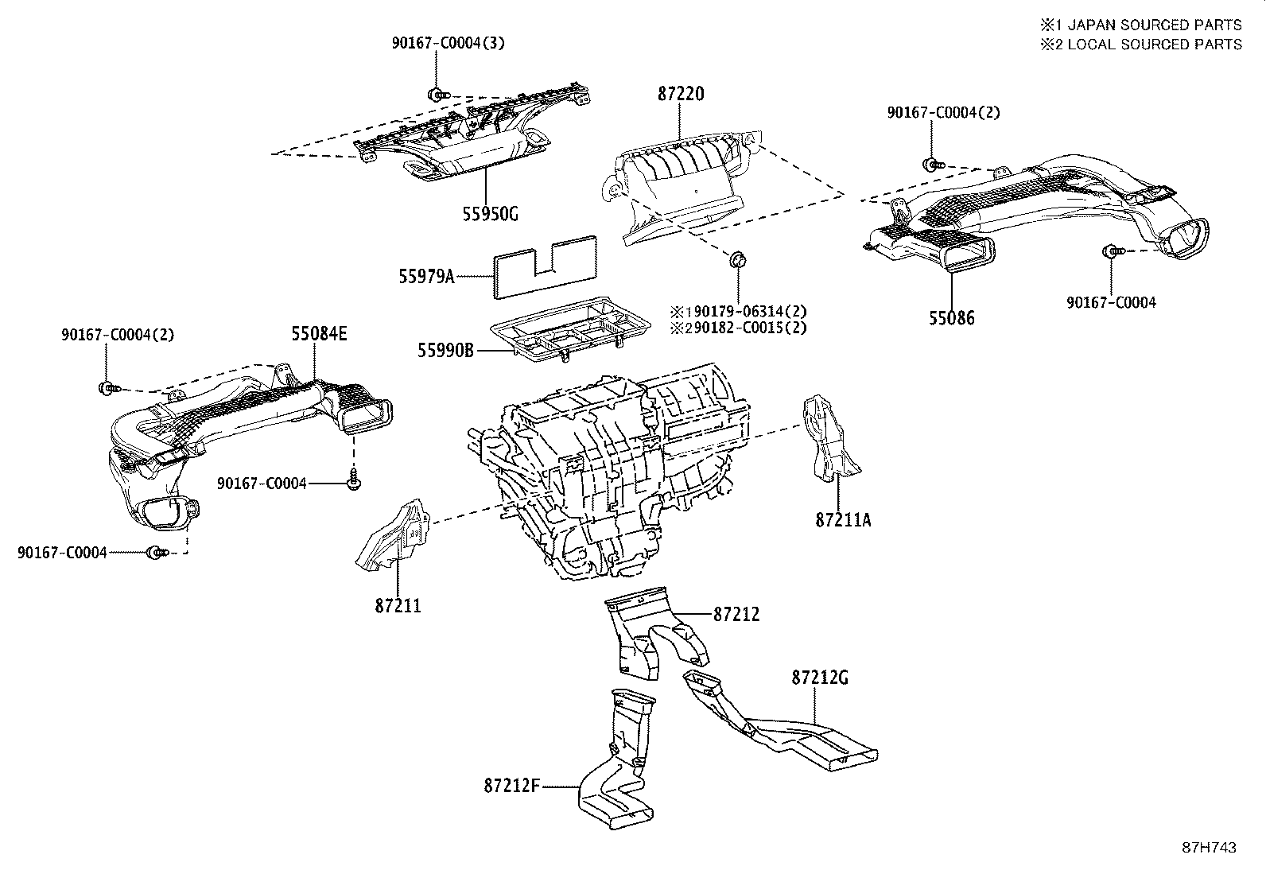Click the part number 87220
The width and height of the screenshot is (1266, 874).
[681, 94]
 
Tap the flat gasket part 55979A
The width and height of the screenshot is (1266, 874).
[546, 267]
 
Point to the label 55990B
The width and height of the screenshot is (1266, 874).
[445, 349]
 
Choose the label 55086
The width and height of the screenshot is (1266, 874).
[951, 318]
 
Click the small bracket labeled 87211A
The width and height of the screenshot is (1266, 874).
[827, 437]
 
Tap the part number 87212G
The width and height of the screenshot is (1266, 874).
[820, 678]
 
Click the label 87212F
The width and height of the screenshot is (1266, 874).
[512, 786]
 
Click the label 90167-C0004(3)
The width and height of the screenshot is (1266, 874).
[447, 43]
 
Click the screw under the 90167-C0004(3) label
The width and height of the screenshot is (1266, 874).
[437, 95]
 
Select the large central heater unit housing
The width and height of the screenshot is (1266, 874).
[608, 477]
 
